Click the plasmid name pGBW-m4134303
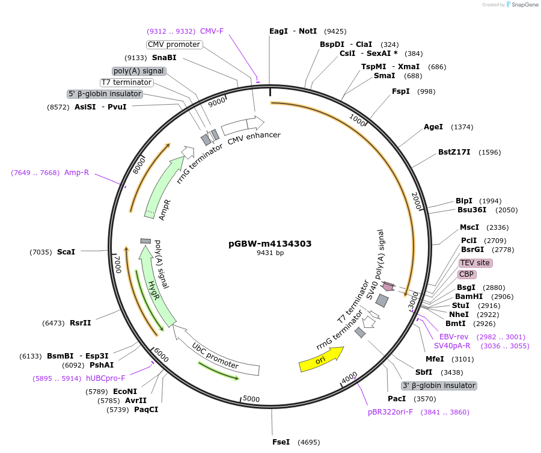click(270, 244)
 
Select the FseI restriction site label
click(281, 442)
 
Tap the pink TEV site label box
click(475, 263)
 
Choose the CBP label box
click(466, 274)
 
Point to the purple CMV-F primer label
click(212, 31)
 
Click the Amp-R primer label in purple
click(76, 173)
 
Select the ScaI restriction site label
click(66, 251)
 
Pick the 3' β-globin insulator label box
click(439, 386)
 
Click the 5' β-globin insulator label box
click(105, 94)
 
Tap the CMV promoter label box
click(174, 45)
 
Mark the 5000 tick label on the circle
click(251, 399)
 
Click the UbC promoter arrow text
click(215, 356)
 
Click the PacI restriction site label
click(397, 398)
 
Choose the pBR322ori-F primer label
click(391, 412)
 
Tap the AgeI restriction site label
click(433, 127)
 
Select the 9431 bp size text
click(270, 253)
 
